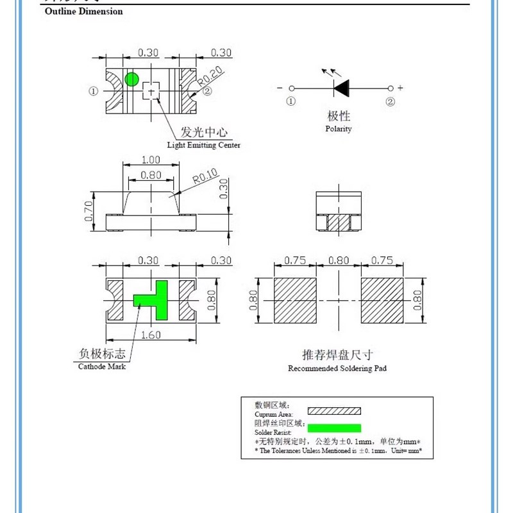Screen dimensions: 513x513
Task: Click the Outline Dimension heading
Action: (83, 12)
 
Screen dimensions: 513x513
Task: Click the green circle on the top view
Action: (131, 79)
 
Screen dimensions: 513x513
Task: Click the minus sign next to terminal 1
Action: (280, 88)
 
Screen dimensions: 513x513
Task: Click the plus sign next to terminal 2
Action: (401, 88)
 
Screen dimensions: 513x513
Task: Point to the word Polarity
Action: (339, 129)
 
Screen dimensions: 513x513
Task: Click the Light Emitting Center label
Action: (203, 145)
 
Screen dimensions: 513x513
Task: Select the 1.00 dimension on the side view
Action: (151, 160)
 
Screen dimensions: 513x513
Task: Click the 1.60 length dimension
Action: (151, 335)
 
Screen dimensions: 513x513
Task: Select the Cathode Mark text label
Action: (102, 366)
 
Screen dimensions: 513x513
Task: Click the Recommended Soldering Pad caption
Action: (337, 368)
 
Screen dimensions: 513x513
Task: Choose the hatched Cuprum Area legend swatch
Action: (334, 411)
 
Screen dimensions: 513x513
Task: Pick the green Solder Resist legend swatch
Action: (334, 428)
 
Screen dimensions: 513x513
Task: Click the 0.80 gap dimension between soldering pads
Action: (339, 261)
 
